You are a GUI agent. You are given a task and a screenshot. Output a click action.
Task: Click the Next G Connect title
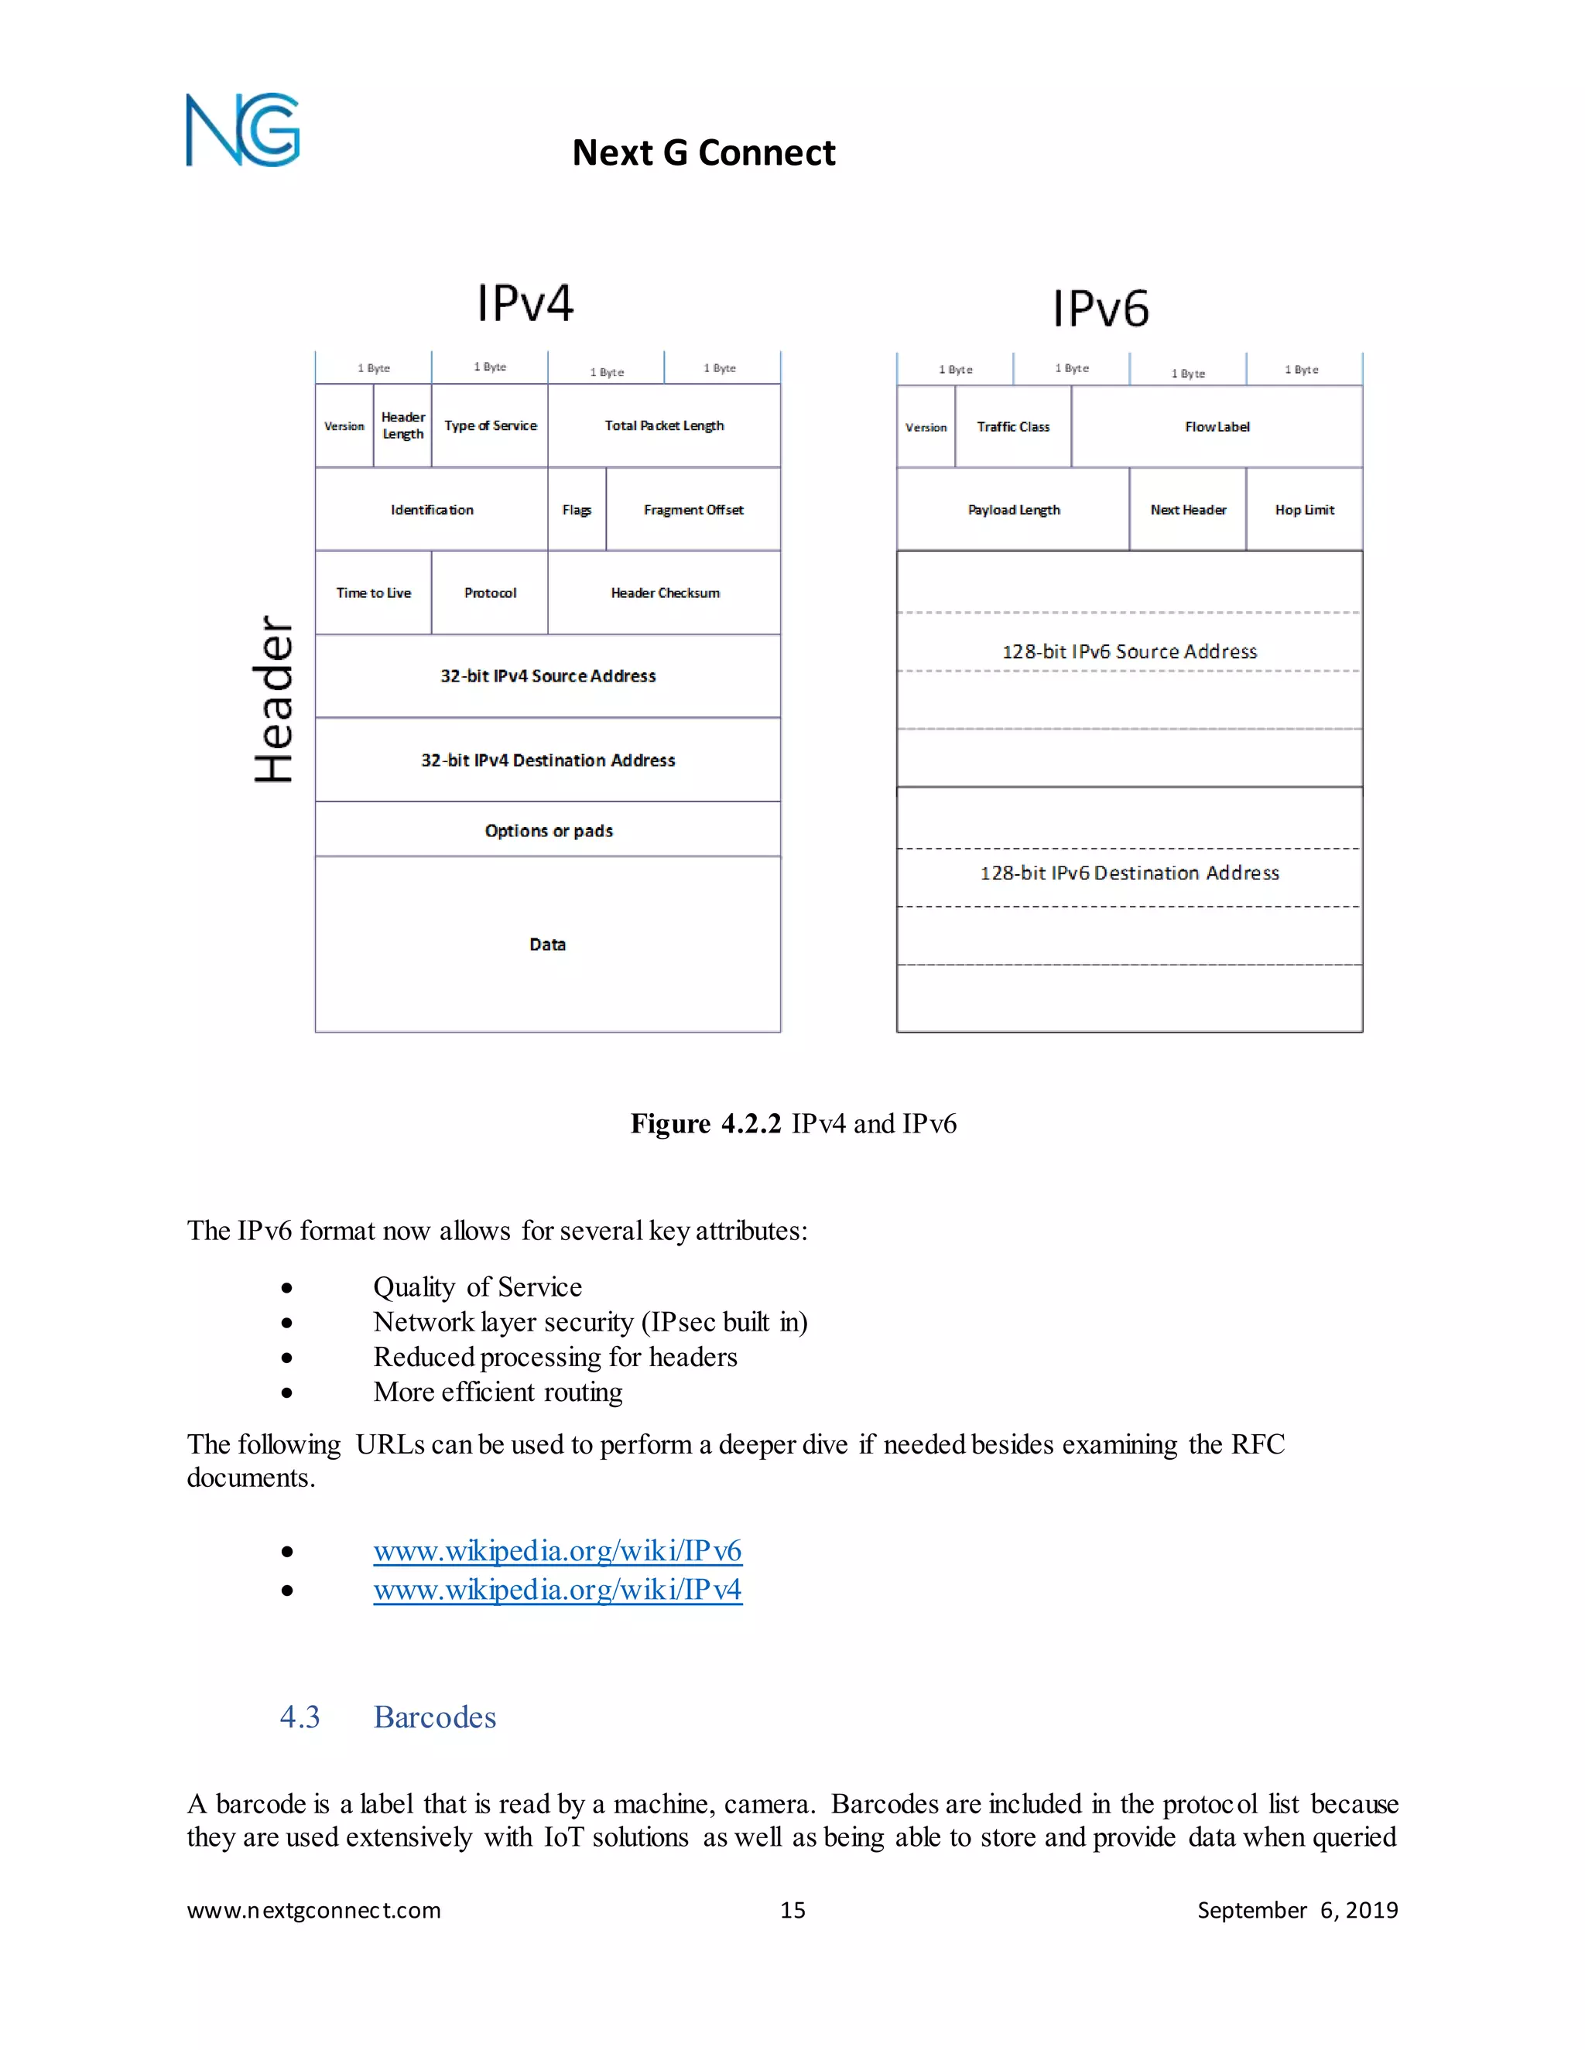click(x=703, y=152)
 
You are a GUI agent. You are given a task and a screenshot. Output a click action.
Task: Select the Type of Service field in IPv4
click(x=490, y=426)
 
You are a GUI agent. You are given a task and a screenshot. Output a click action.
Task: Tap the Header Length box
click(x=402, y=426)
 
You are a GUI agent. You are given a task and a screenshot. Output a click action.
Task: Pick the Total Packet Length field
click(x=664, y=426)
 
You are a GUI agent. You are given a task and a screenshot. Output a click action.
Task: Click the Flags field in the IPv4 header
click(x=577, y=510)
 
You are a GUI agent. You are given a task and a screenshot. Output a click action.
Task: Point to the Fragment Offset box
click(x=693, y=510)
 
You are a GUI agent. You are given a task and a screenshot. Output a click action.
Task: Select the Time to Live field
click(x=374, y=593)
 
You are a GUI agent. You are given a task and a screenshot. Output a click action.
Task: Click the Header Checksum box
click(x=665, y=593)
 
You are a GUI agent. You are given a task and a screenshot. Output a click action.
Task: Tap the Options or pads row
click(x=549, y=831)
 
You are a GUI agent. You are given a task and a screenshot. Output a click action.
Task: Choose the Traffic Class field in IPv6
click(x=1013, y=427)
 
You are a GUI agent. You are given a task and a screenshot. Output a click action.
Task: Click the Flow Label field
click(x=1217, y=427)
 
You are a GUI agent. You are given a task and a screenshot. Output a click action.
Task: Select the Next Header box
click(x=1188, y=510)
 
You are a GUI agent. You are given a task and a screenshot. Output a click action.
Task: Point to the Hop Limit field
click(x=1304, y=510)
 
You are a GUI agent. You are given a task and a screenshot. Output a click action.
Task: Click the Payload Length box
click(x=1013, y=510)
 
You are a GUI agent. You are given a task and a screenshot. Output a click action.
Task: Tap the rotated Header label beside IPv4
click(x=273, y=699)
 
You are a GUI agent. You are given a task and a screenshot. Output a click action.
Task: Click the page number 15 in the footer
click(x=792, y=1910)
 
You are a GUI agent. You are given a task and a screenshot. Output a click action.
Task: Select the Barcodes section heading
click(x=434, y=1717)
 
